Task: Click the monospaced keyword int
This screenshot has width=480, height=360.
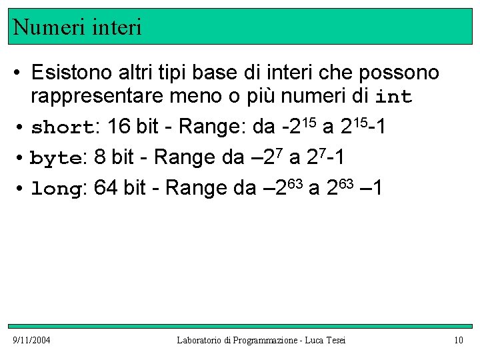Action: pyautogui.click(x=394, y=97)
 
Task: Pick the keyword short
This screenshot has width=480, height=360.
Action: pyautogui.click(x=61, y=127)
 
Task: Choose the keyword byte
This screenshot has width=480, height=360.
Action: pyautogui.click(x=56, y=158)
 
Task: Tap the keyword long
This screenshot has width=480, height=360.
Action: pyautogui.click(x=56, y=189)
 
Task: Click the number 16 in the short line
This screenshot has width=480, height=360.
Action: pyautogui.click(x=118, y=126)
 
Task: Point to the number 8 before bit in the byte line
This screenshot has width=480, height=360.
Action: pyautogui.click(x=100, y=157)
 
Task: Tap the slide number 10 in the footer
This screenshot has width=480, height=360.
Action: pyautogui.click(x=458, y=341)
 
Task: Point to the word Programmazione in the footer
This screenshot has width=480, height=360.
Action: pyautogui.click(x=266, y=341)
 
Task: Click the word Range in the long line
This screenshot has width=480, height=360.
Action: pyautogui.click(x=195, y=189)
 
